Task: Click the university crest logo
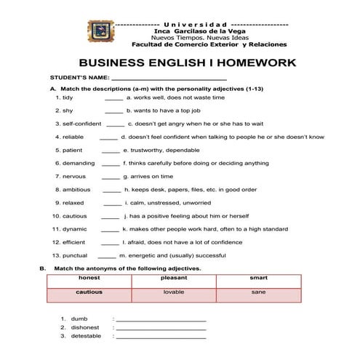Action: coord(102,33)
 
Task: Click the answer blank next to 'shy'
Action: coord(114,111)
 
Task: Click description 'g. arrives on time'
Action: coord(148,176)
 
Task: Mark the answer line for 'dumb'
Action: coord(161,319)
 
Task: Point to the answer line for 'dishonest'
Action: coord(161,328)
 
